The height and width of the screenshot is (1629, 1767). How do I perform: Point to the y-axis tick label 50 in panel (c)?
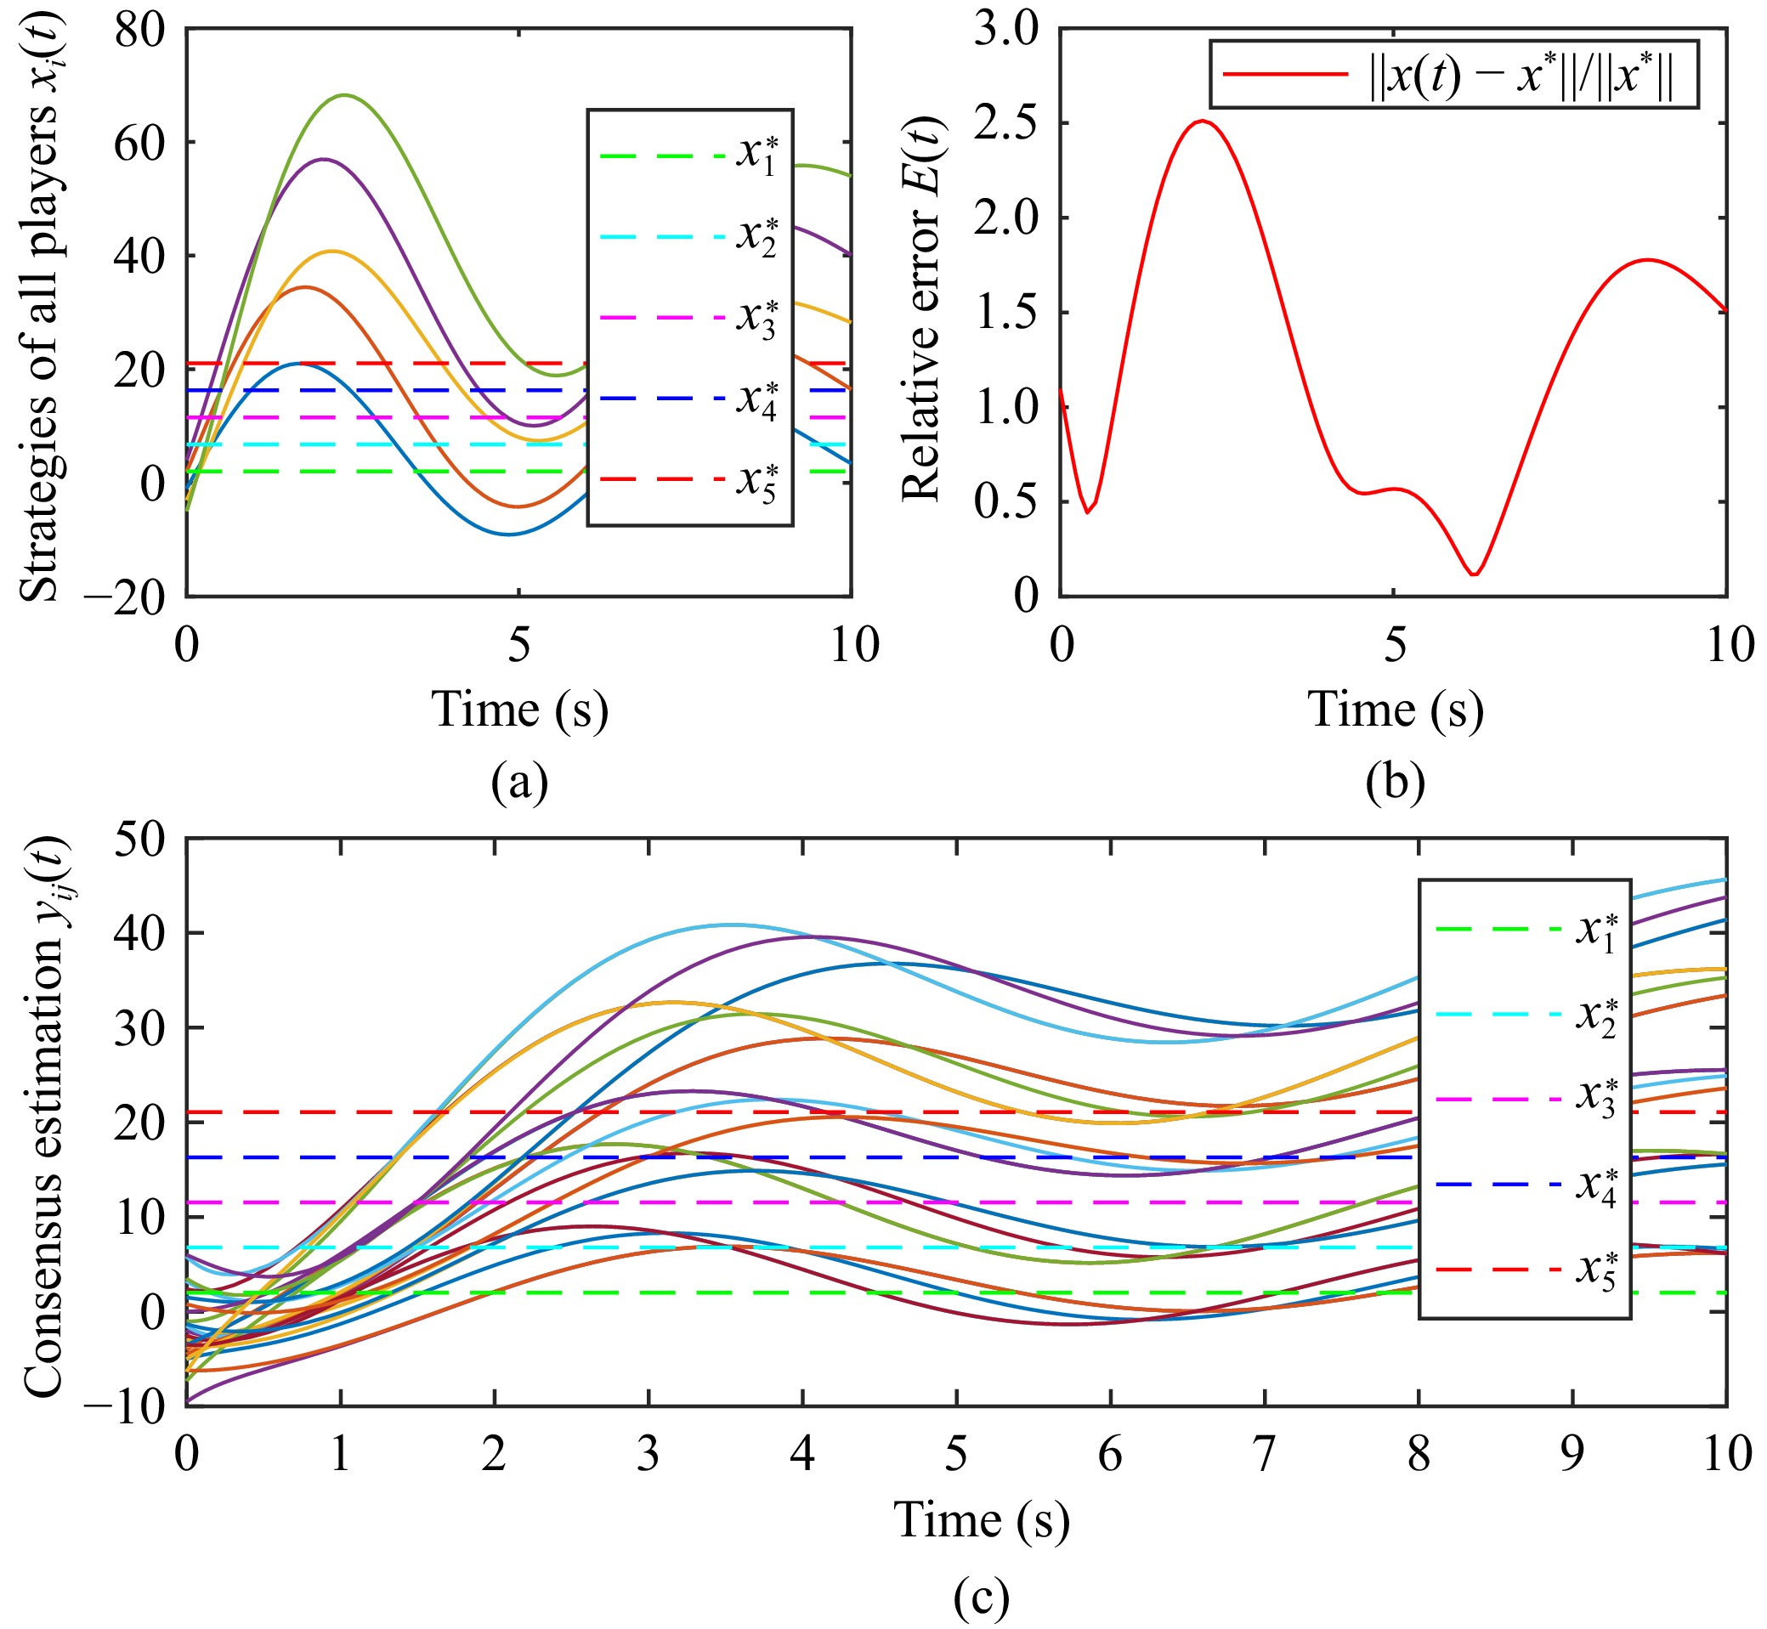tap(139, 839)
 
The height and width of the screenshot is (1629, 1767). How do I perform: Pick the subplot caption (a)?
tap(519, 780)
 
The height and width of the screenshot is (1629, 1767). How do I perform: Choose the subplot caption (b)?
tap(1395, 780)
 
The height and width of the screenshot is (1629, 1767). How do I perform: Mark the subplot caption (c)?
tap(982, 1597)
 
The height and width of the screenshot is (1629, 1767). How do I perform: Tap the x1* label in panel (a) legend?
tap(757, 156)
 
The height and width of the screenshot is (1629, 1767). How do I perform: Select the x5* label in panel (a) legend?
tap(757, 481)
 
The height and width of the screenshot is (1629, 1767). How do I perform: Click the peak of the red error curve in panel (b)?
tap(1203, 121)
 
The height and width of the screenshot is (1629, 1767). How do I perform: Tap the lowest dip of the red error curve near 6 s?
tap(1474, 574)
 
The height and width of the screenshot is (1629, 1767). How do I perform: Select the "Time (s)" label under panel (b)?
tap(1395, 710)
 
